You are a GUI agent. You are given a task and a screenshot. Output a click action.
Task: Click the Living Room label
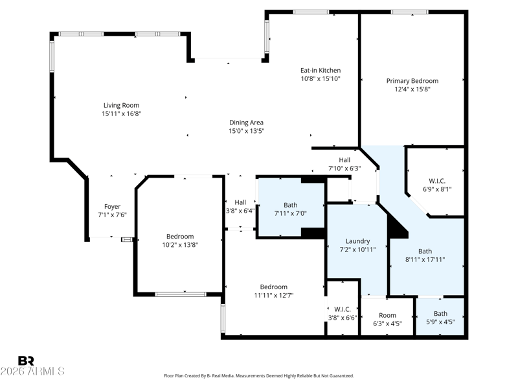[x=121, y=105]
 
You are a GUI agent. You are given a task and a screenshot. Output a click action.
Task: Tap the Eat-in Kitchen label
[x=321, y=70]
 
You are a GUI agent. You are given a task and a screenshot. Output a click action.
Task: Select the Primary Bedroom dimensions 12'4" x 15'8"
[x=412, y=89]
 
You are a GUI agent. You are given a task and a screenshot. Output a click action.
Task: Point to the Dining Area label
[x=247, y=123]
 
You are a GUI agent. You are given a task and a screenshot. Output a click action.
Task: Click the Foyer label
[x=112, y=207]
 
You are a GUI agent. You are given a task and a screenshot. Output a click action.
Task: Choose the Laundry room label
[x=358, y=241]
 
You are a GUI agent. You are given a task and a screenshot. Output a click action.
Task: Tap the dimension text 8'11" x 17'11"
[x=425, y=260]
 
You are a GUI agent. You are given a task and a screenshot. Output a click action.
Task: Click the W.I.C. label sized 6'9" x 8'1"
[x=437, y=181]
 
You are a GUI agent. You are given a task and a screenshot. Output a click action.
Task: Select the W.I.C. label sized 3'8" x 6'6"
[x=343, y=309]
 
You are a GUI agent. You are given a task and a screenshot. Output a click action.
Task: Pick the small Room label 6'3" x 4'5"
[x=387, y=315]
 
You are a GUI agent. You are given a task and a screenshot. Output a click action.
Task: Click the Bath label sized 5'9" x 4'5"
[x=441, y=313]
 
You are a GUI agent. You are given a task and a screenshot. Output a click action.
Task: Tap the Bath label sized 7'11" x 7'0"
[x=290, y=205]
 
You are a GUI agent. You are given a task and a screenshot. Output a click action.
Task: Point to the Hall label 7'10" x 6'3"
[x=344, y=159]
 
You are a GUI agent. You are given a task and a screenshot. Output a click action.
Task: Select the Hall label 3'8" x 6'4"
[x=240, y=202]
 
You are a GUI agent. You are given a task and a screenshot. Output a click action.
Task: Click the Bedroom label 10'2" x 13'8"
[x=180, y=237]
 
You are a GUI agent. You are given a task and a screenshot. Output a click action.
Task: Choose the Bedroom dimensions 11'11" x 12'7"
[x=273, y=296]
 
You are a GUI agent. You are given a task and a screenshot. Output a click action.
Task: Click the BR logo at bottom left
[x=26, y=360]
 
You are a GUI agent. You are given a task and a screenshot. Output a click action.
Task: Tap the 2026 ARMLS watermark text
[x=32, y=371]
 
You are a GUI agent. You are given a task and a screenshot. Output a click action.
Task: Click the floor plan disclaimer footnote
[x=259, y=376]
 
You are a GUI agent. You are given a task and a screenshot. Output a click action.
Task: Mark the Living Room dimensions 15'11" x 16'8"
[x=122, y=114]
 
